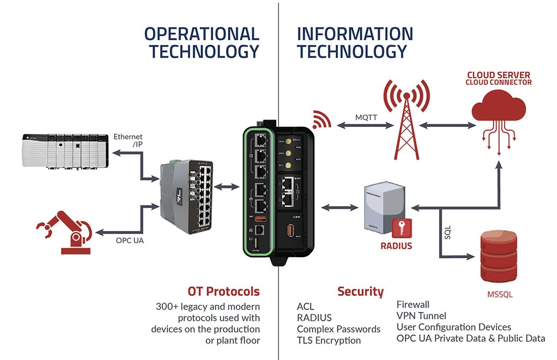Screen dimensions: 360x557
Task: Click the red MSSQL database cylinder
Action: click(x=500, y=258)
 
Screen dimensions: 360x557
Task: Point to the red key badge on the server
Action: click(x=402, y=228)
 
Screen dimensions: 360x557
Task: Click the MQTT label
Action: click(x=366, y=117)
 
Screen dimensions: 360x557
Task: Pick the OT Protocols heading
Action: click(x=223, y=291)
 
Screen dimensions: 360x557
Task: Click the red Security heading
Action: click(x=360, y=291)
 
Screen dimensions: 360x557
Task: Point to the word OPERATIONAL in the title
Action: click(x=202, y=34)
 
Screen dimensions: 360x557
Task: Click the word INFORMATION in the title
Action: click(x=355, y=34)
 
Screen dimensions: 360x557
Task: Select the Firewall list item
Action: click(x=413, y=304)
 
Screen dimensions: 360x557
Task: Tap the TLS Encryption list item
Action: click(x=329, y=340)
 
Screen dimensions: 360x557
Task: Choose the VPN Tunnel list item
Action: click(x=421, y=316)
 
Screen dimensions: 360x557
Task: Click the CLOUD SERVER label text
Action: click(x=499, y=75)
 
